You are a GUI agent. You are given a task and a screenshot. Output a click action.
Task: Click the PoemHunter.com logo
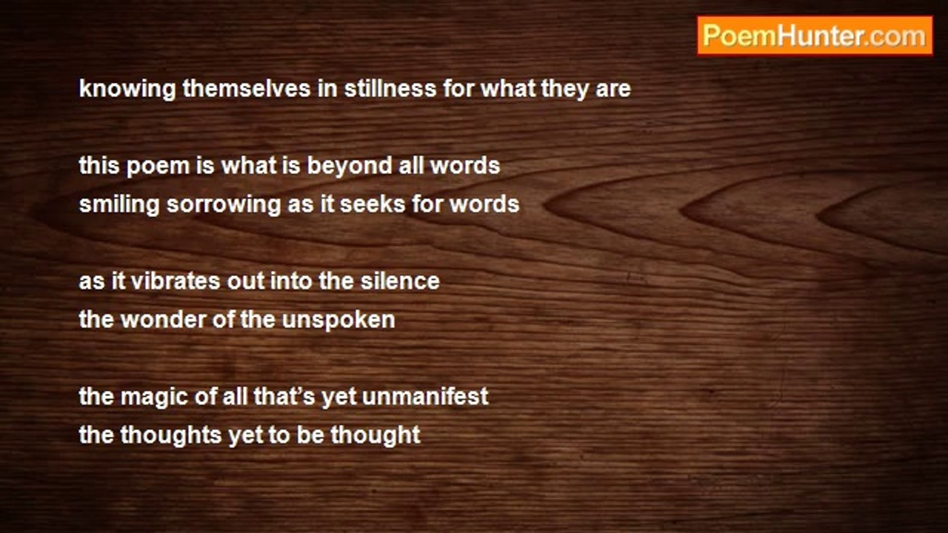coord(815,36)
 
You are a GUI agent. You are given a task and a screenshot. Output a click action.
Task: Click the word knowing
coord(127,90)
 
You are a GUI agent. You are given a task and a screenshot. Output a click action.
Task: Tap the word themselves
coord(247,88)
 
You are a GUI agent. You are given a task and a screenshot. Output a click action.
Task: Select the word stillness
coord(390,88)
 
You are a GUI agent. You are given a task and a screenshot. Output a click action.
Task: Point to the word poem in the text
coord(158,166)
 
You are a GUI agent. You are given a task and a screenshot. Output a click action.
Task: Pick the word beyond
coord(350,166)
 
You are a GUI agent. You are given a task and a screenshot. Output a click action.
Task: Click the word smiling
coord(119,205)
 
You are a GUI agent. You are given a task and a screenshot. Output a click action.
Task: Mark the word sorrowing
coord(224,205)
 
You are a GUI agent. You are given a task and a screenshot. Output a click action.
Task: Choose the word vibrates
coord(176,281)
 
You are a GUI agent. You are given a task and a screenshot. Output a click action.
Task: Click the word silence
coord(400,281)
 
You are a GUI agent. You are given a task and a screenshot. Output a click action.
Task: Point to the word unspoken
coord(338,321)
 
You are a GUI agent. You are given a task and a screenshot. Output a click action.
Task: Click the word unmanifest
coord(425,396)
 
